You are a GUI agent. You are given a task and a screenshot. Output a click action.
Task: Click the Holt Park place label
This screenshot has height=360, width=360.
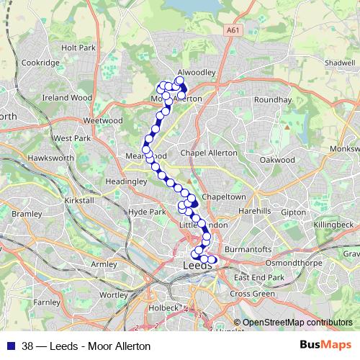[x=78, y=48]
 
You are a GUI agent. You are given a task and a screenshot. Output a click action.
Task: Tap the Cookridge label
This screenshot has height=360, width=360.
[x=40, y=63]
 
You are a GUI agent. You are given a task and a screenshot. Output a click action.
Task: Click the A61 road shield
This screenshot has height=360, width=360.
[x=232, y=31]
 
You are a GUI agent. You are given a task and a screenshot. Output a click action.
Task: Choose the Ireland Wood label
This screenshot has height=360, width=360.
[x=67, y=97]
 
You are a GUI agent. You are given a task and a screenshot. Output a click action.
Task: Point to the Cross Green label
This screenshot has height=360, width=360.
[x=253, y=294]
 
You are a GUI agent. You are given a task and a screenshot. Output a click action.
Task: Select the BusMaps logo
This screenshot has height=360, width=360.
[x=325, y=345]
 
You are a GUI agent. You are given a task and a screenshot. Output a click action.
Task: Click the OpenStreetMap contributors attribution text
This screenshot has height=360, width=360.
[x=297, y=323]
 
